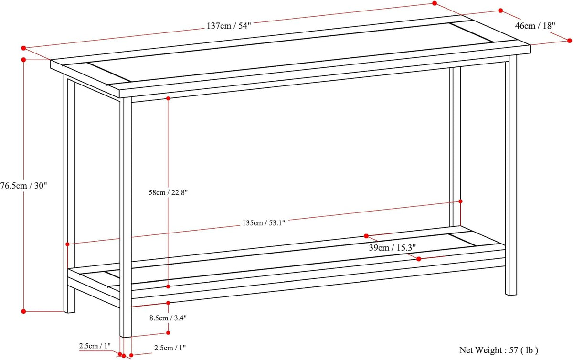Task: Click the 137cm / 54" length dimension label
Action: tap(229, 26)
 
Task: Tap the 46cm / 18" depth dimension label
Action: tap(535, 26)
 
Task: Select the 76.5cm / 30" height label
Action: tap(23, 186)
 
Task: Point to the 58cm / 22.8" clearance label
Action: tap(168, 192)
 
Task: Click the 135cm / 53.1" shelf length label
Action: tap(264, 223)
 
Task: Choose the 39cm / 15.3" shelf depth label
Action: tap(393, 248)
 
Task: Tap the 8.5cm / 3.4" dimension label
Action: tap(168, 318)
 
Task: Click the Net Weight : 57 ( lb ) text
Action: tap(499, 350)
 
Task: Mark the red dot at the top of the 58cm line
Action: tap(168, 98)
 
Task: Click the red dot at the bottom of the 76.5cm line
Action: tap(23, 311)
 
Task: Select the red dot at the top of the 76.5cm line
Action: tap(23, 60)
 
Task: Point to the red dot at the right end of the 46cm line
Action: tap(569, 41)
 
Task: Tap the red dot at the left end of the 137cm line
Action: tap(23, 48)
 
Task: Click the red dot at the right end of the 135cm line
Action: tap(460, 201)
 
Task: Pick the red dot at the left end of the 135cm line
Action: tap(67, 244)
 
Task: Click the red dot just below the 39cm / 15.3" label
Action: tap(419, 259)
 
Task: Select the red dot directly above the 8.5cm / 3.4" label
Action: tap(168, 303)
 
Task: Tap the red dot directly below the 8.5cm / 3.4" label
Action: tap(168, 333)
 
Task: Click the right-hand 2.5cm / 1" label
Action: tap(170, 348)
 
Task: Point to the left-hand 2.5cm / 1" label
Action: tap(95, 346)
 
